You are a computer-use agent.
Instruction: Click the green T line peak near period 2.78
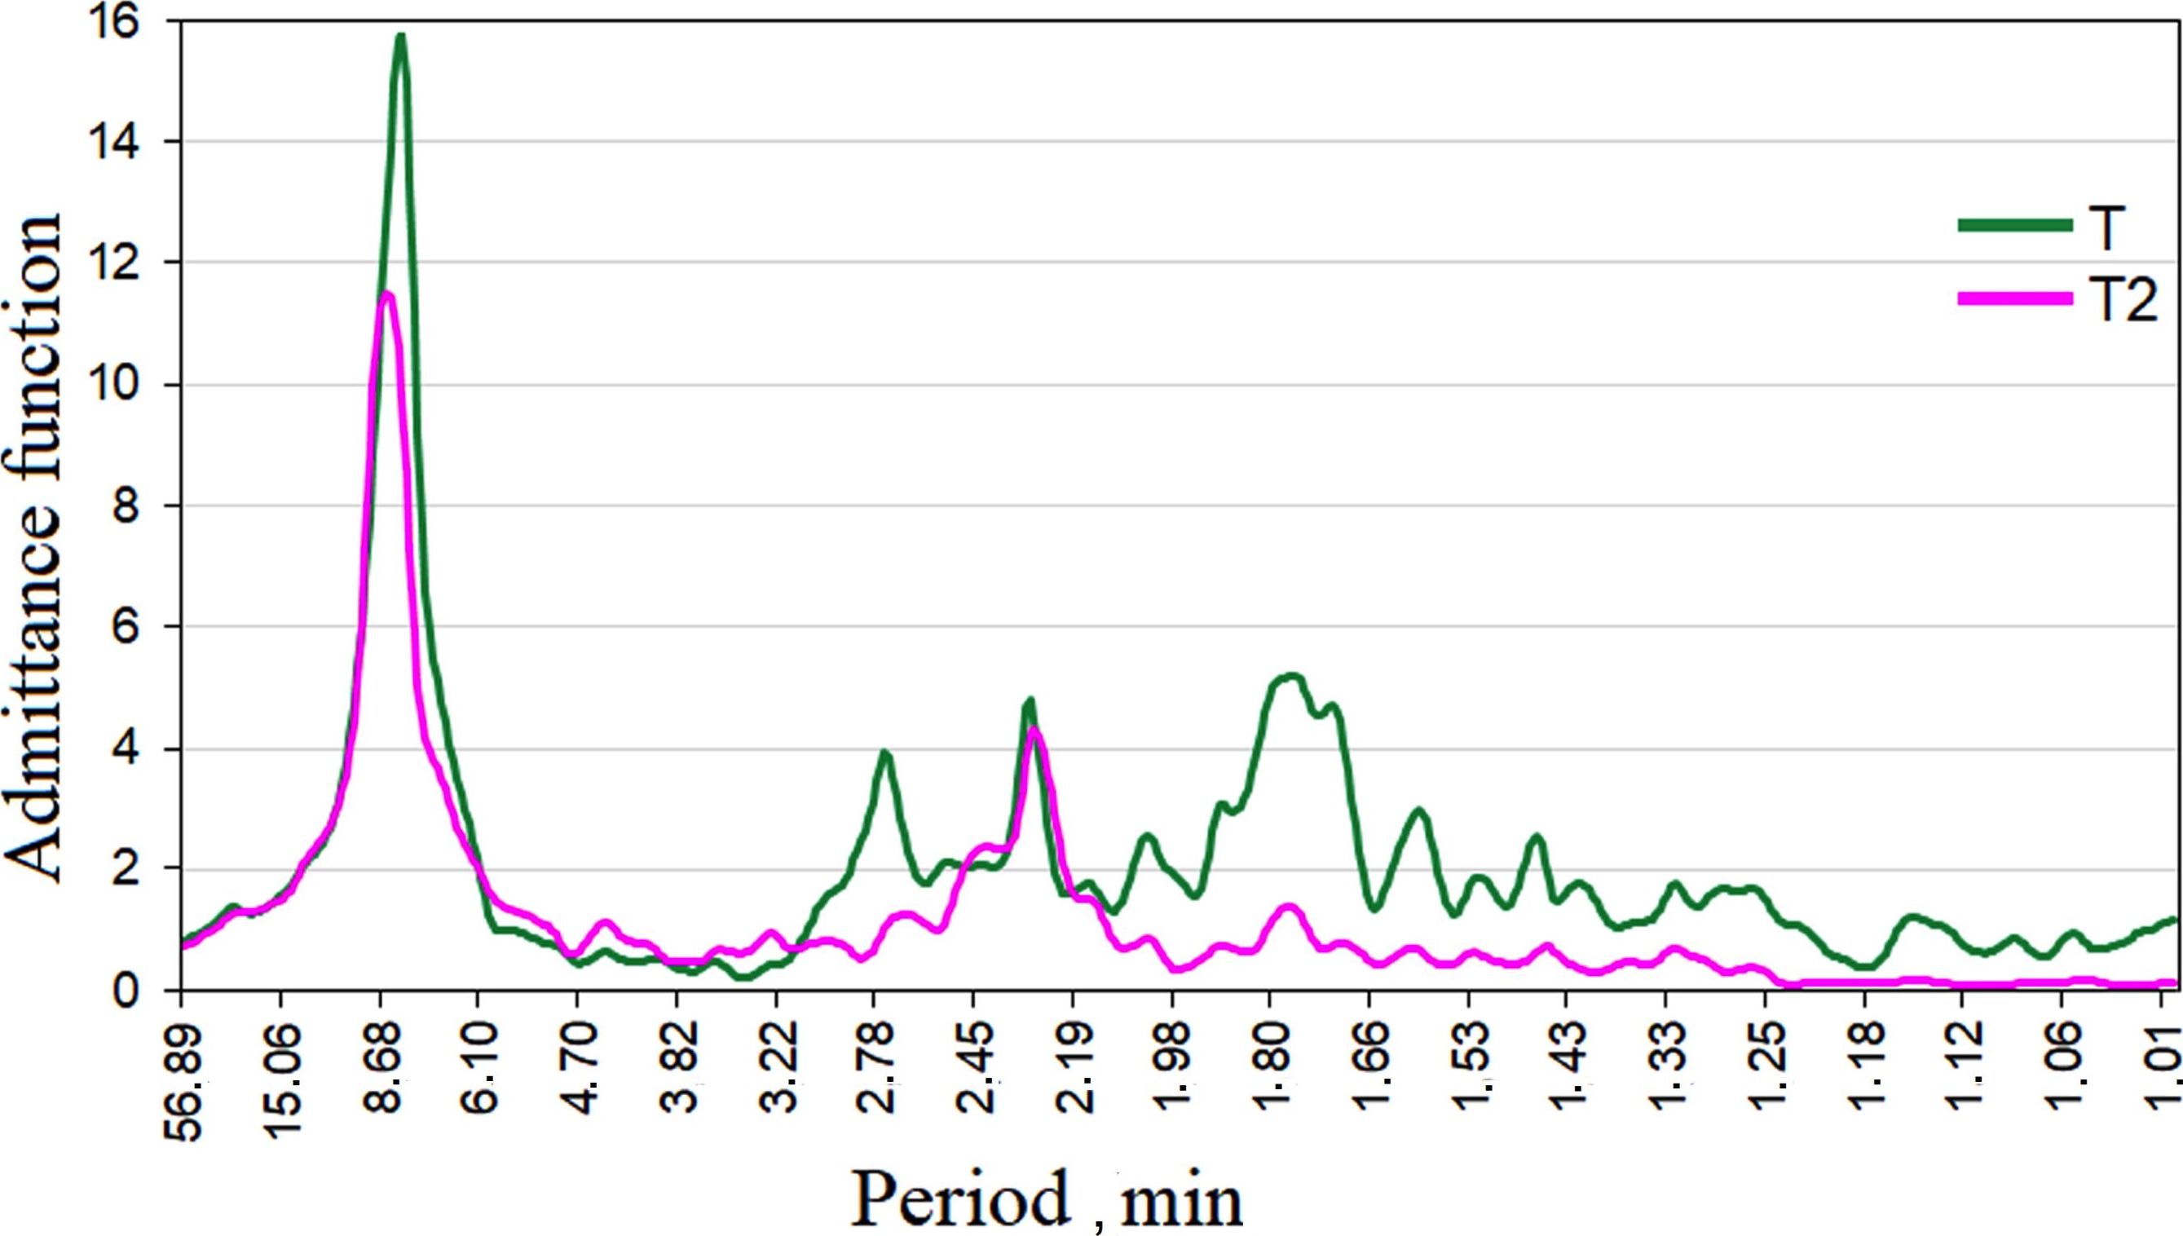pos(884,753)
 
